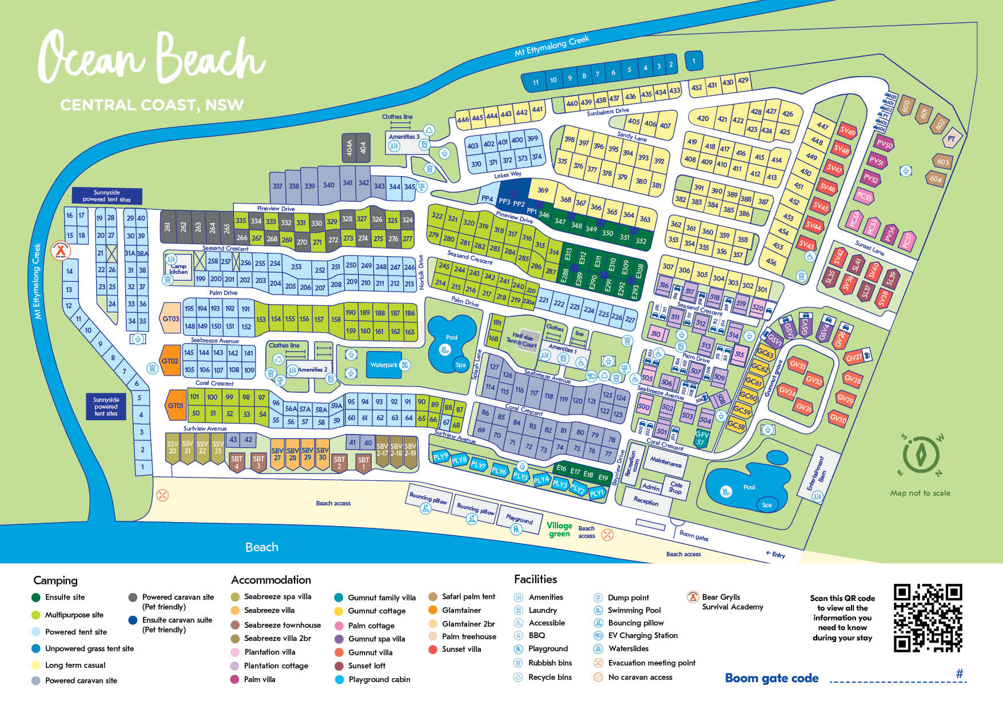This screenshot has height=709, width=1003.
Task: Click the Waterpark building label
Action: (384, 365)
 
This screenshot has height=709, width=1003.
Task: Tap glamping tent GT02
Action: (170, 361)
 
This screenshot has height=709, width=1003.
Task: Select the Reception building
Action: (646, 501)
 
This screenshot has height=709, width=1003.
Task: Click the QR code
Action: (928, 618)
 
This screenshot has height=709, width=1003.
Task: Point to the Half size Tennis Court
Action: (522, 341)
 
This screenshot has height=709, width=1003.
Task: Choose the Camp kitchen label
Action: (178, 269)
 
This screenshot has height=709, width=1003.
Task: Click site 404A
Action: (349, 149)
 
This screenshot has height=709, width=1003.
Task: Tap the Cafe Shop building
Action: (676, 487)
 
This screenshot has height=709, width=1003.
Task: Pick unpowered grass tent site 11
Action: (536, 82)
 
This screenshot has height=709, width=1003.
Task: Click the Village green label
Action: (559, 529)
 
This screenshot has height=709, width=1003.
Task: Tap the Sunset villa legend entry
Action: (461, 649)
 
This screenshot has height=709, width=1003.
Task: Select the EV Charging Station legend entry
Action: (643, 635)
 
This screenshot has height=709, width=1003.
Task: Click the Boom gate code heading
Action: (771, 678)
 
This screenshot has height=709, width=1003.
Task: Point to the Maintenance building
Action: (665, 462)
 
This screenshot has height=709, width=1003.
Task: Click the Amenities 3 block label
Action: (404, 137)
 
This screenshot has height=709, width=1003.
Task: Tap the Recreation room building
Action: (631, 464)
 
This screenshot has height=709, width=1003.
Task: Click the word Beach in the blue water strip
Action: (262, 547)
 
